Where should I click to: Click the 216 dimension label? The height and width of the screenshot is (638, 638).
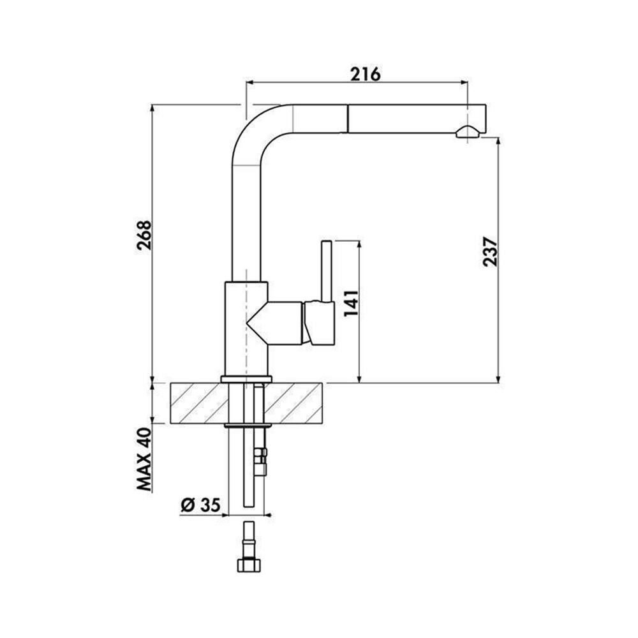[366, 74]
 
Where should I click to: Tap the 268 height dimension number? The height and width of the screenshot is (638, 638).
[144, 235]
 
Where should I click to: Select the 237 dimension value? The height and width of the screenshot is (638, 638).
[490, 251]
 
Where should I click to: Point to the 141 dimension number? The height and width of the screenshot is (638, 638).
[351, 303]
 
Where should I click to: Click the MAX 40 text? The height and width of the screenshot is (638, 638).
[144, 459]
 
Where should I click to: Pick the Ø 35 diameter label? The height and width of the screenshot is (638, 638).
[200, 505]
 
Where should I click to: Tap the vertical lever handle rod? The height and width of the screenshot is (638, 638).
[326, 271]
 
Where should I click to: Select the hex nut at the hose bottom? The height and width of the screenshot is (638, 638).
[248, 565]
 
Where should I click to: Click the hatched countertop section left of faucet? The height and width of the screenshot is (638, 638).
[199, 403]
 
